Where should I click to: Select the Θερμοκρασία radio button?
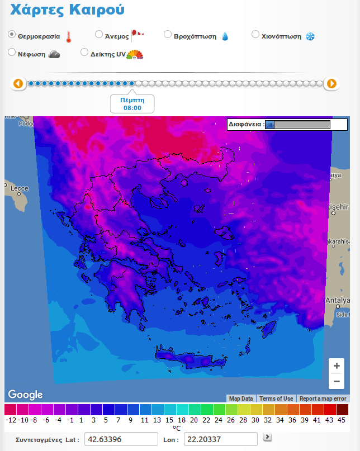pos(12,35)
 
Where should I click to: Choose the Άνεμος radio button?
pos(99,35)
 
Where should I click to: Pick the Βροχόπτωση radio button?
pos(168,35)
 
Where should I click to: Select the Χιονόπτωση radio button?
pos(255,35)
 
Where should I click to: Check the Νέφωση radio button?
pos(12,53)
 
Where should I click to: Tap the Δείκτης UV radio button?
pos(84,53)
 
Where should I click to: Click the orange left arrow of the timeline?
pos(18,84)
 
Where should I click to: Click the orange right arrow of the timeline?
pos(331,84)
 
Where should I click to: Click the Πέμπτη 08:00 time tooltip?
pos(132,103)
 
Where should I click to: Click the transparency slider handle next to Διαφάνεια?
pos(270,125)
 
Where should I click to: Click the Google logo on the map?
pos(25,395)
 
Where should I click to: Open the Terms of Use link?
pos(276,398)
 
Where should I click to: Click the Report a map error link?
pos(324,398)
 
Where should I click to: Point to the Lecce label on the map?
pos(19,188)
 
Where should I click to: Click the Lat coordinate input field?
pos(121,439)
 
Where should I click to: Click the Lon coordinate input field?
pos(220,439)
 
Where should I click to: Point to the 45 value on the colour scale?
pos(342,420)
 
